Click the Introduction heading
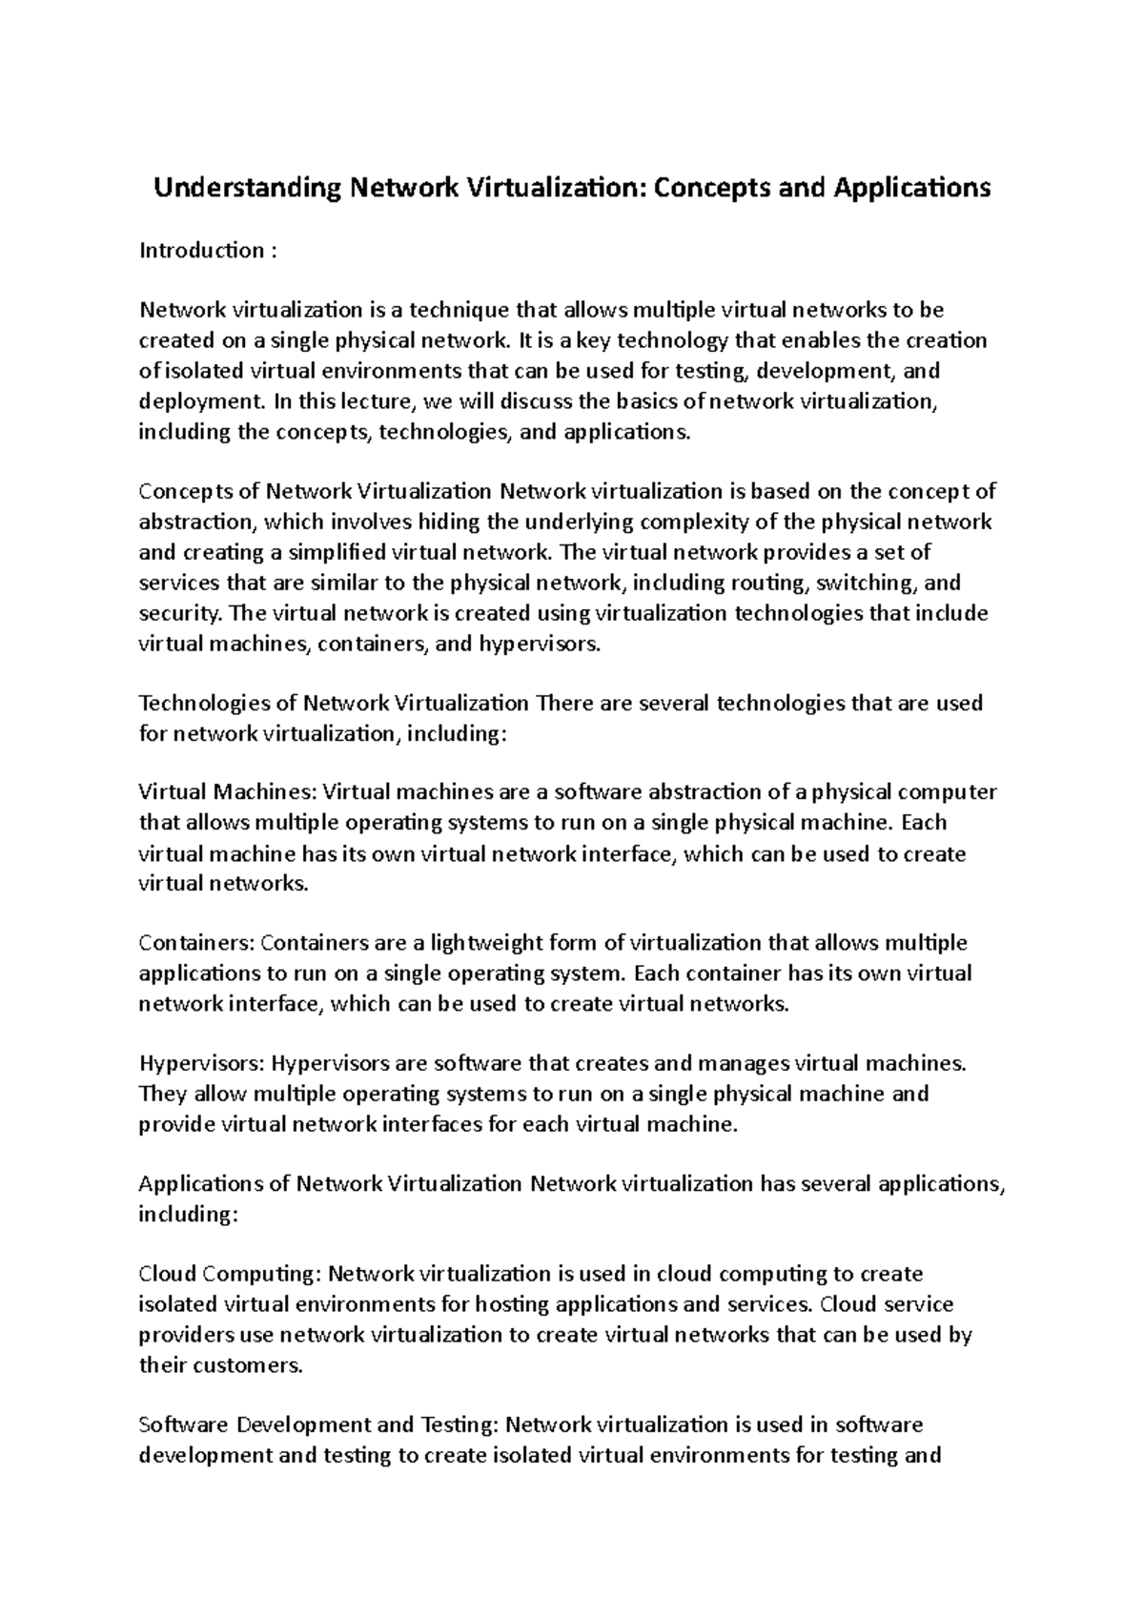point(201,251)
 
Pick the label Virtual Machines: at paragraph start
point(229,792)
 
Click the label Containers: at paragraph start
point(196,944)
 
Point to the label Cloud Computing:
point(231,1275)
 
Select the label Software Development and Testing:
point(318,1425)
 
